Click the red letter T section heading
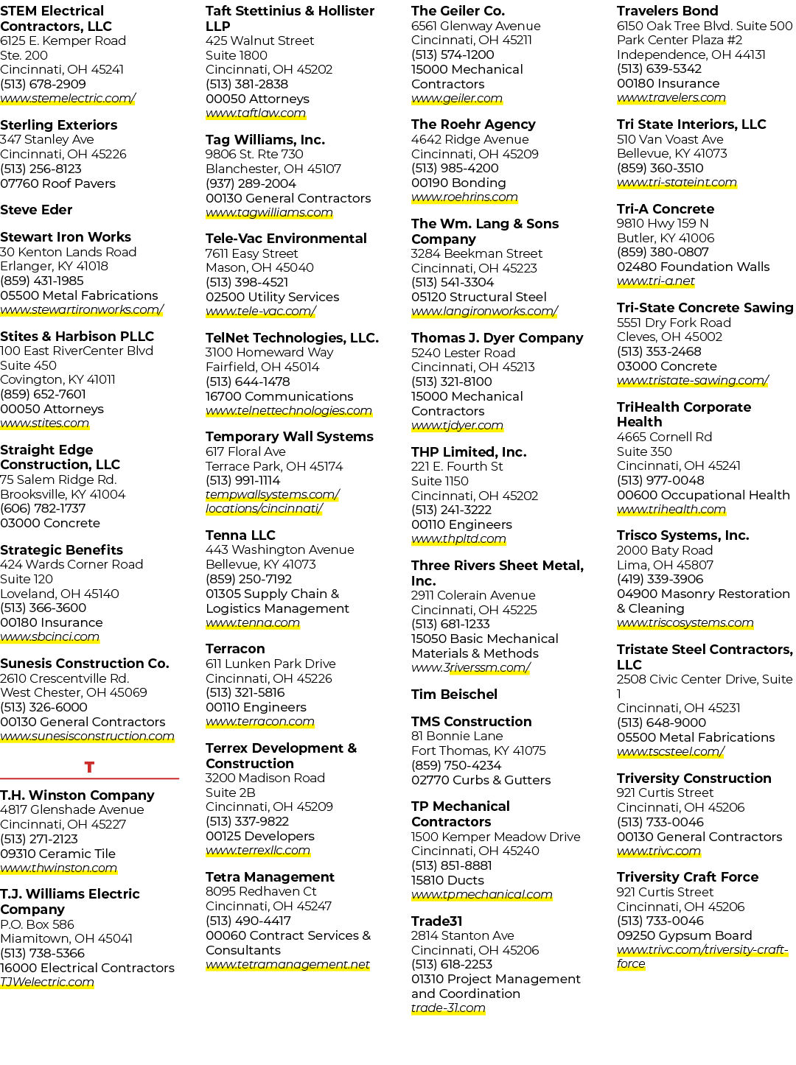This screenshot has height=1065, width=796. (89, 767)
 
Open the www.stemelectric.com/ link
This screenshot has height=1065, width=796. (68, 99)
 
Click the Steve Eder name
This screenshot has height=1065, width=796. (36, 210)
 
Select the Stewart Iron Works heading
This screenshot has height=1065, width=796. (66, 236)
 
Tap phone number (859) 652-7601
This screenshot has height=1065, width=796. (43, 394)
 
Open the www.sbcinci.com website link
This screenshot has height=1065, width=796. (49, 636)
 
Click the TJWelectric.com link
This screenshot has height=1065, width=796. (47, 982)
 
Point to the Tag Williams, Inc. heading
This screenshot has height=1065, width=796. (265, 140)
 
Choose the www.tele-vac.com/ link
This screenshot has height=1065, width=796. (261, 311)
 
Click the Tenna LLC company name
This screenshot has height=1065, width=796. (240, 535)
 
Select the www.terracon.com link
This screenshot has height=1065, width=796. (259, 722)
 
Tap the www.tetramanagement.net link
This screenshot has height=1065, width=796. (287, 965)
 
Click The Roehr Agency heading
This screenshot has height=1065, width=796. (473, 124)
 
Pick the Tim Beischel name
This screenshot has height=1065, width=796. (454, 695)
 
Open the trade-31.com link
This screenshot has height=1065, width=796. (448, 1008)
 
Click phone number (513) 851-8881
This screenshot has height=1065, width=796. (451, 865)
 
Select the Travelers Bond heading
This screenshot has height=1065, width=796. (667, 10)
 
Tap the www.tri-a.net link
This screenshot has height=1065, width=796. (656, 281)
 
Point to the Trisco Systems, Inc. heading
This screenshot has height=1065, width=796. (683, 535)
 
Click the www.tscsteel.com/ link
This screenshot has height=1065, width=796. (670, 751)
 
